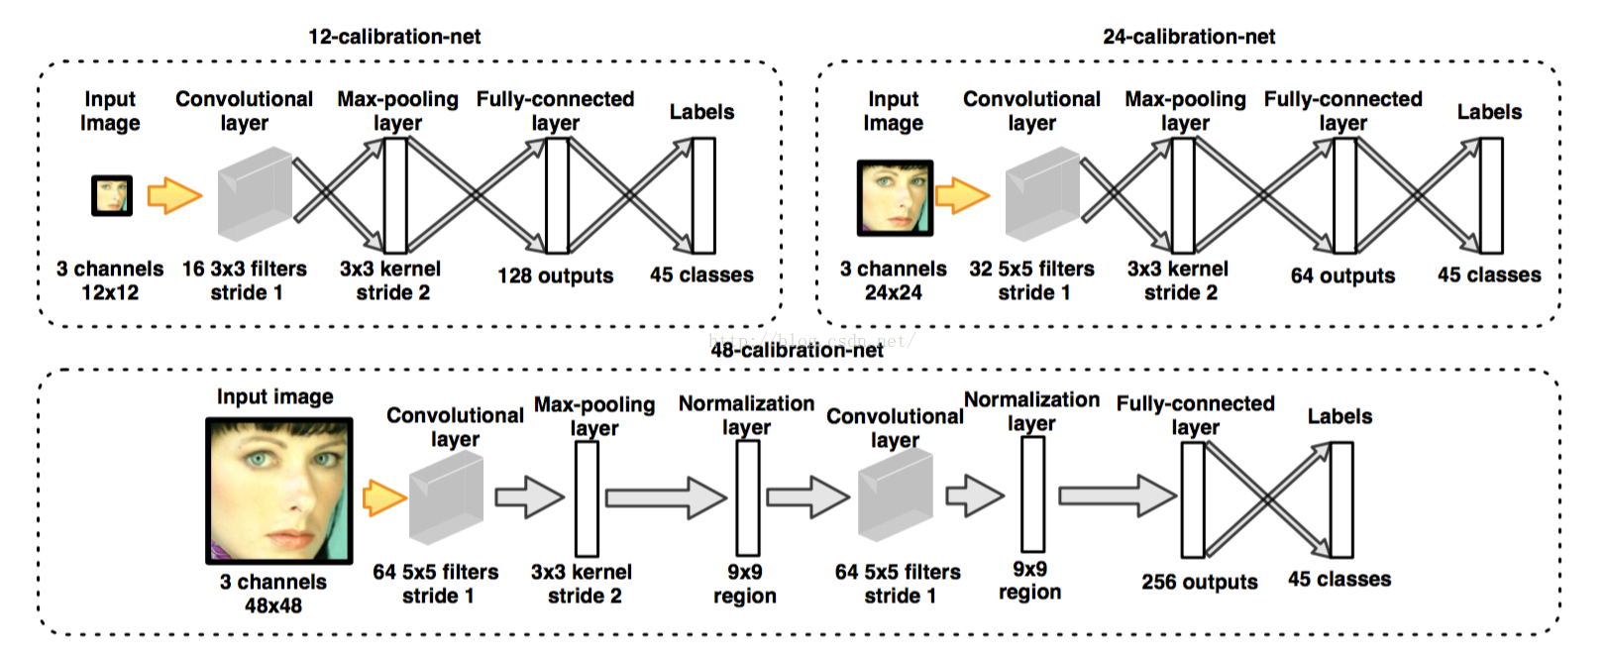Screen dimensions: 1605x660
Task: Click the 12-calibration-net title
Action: point(394,37)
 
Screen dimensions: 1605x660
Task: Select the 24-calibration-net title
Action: point(1189,37)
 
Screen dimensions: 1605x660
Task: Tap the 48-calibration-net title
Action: point(797,350)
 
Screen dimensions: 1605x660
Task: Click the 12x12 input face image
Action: point(112,195)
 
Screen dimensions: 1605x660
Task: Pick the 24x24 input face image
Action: point(895,198)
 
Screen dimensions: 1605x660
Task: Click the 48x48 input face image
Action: point(278,491)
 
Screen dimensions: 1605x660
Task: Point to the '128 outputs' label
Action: point(555,275)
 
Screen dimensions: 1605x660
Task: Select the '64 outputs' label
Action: point(1342,275)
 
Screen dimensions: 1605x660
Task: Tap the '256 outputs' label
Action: point(1200,581)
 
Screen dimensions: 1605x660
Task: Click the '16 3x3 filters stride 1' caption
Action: point(245,280)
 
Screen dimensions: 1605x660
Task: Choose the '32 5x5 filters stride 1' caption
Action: point(1031,280)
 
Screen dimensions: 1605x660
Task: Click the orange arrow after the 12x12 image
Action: point(174,195)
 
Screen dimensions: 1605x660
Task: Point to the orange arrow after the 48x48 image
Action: point(384,498)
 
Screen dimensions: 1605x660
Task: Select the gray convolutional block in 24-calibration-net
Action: point(1042,193)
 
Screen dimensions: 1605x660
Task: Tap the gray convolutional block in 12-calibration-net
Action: point(255,193)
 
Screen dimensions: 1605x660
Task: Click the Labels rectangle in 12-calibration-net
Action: point(703,195)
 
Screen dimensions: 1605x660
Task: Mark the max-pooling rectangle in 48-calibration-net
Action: point(587,498)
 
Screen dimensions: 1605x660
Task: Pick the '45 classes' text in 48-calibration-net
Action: point(1339,579)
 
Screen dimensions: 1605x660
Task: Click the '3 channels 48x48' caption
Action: point(273,594)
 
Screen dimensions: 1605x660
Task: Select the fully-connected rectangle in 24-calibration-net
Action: point(1344,195)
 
